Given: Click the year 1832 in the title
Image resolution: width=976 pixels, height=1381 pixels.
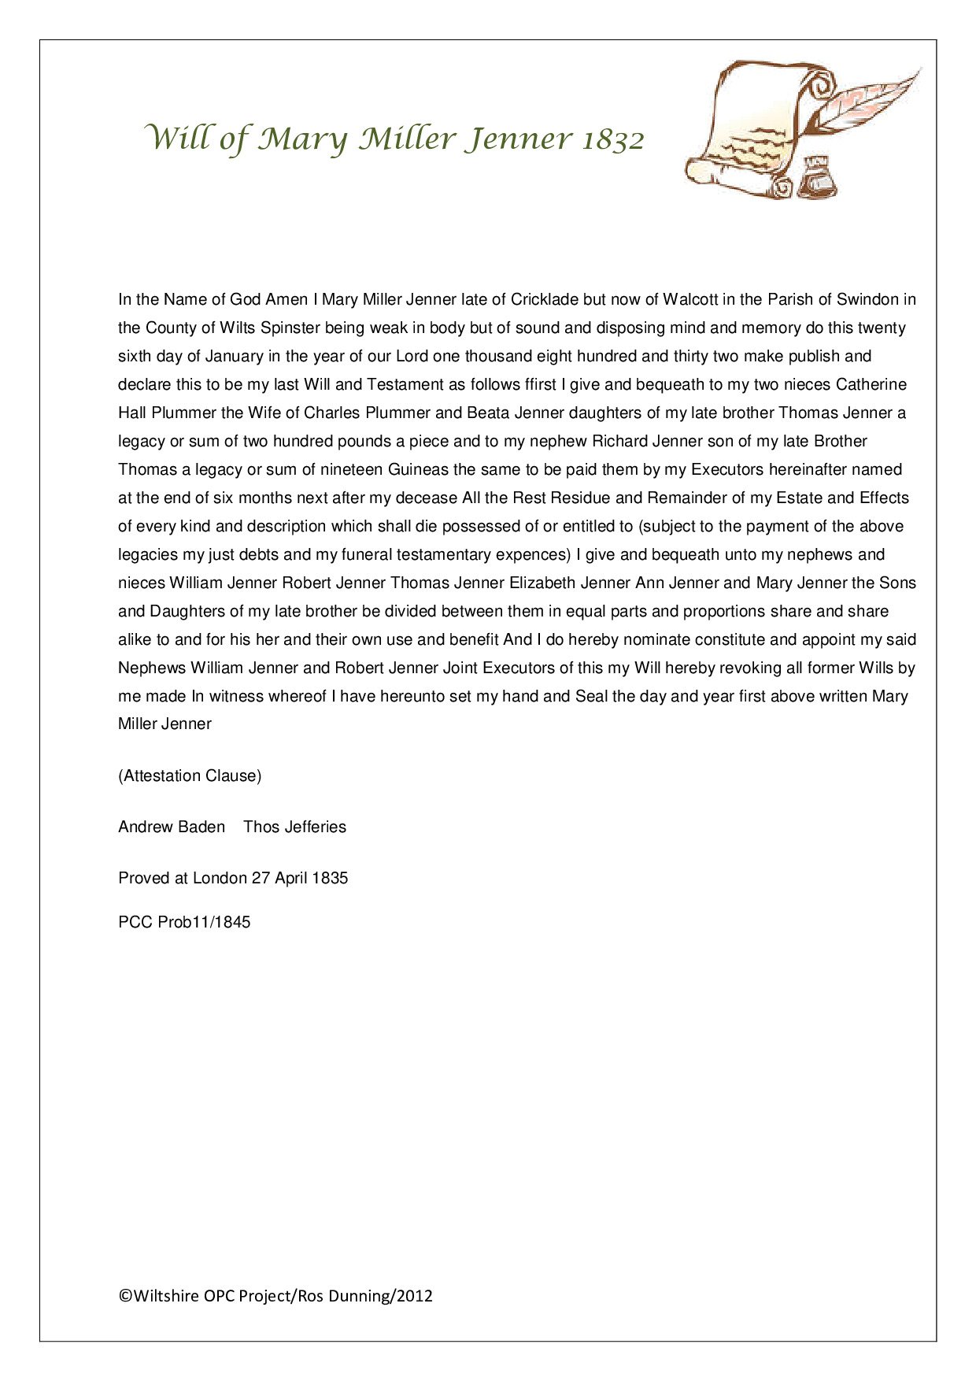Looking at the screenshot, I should pos(613,139).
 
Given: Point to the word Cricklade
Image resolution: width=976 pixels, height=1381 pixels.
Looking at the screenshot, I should pos(545,299).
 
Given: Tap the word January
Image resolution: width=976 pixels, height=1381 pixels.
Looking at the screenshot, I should pos(235,356).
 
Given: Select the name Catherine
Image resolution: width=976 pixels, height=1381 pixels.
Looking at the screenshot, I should pos(871,384).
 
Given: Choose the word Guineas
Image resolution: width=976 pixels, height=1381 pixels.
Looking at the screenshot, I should pos(418,469).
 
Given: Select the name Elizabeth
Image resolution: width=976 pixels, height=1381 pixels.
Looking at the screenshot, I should pos(542,583).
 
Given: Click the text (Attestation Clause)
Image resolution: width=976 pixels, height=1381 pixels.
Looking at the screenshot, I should pos(190,776).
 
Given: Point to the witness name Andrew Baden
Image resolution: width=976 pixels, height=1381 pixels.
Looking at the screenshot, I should pos(172,827).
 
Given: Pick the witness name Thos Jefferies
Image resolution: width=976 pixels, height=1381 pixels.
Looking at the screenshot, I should pos(294,827).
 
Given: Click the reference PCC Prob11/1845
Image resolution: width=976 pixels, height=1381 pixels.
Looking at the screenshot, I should pos(184,922).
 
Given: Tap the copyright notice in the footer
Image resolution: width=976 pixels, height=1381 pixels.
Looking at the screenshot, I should pos(275,1296).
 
